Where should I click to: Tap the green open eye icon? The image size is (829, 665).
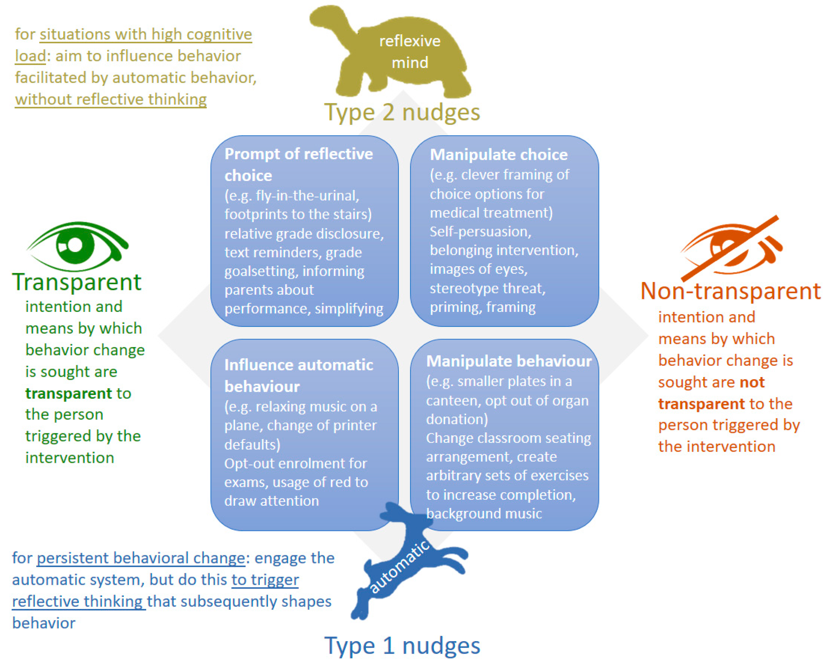click(x=77, y=246)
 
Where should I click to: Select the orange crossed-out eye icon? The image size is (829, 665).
click(x=731, y=248)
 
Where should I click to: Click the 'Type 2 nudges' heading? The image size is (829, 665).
click(x=402, y=112)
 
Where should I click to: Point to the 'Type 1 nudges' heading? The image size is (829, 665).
click(x=402, y=646)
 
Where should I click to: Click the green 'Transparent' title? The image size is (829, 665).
click(x=77, y=282)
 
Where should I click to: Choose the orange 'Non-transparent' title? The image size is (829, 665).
click(x=731, y=291)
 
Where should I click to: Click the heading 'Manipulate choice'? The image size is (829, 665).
click(x=499, y=155)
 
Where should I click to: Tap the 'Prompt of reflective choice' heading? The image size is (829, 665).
click(x=298, y=164)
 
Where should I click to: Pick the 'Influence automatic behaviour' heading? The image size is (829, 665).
click(x=298, y=375)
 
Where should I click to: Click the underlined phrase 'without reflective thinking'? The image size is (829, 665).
click(x=111, y=99)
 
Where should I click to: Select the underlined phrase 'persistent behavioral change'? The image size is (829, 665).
click(x=141, y=558)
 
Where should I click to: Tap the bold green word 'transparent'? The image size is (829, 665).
click(x=68, y=393)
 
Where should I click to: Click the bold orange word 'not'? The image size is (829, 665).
click(x=752, y=382)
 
